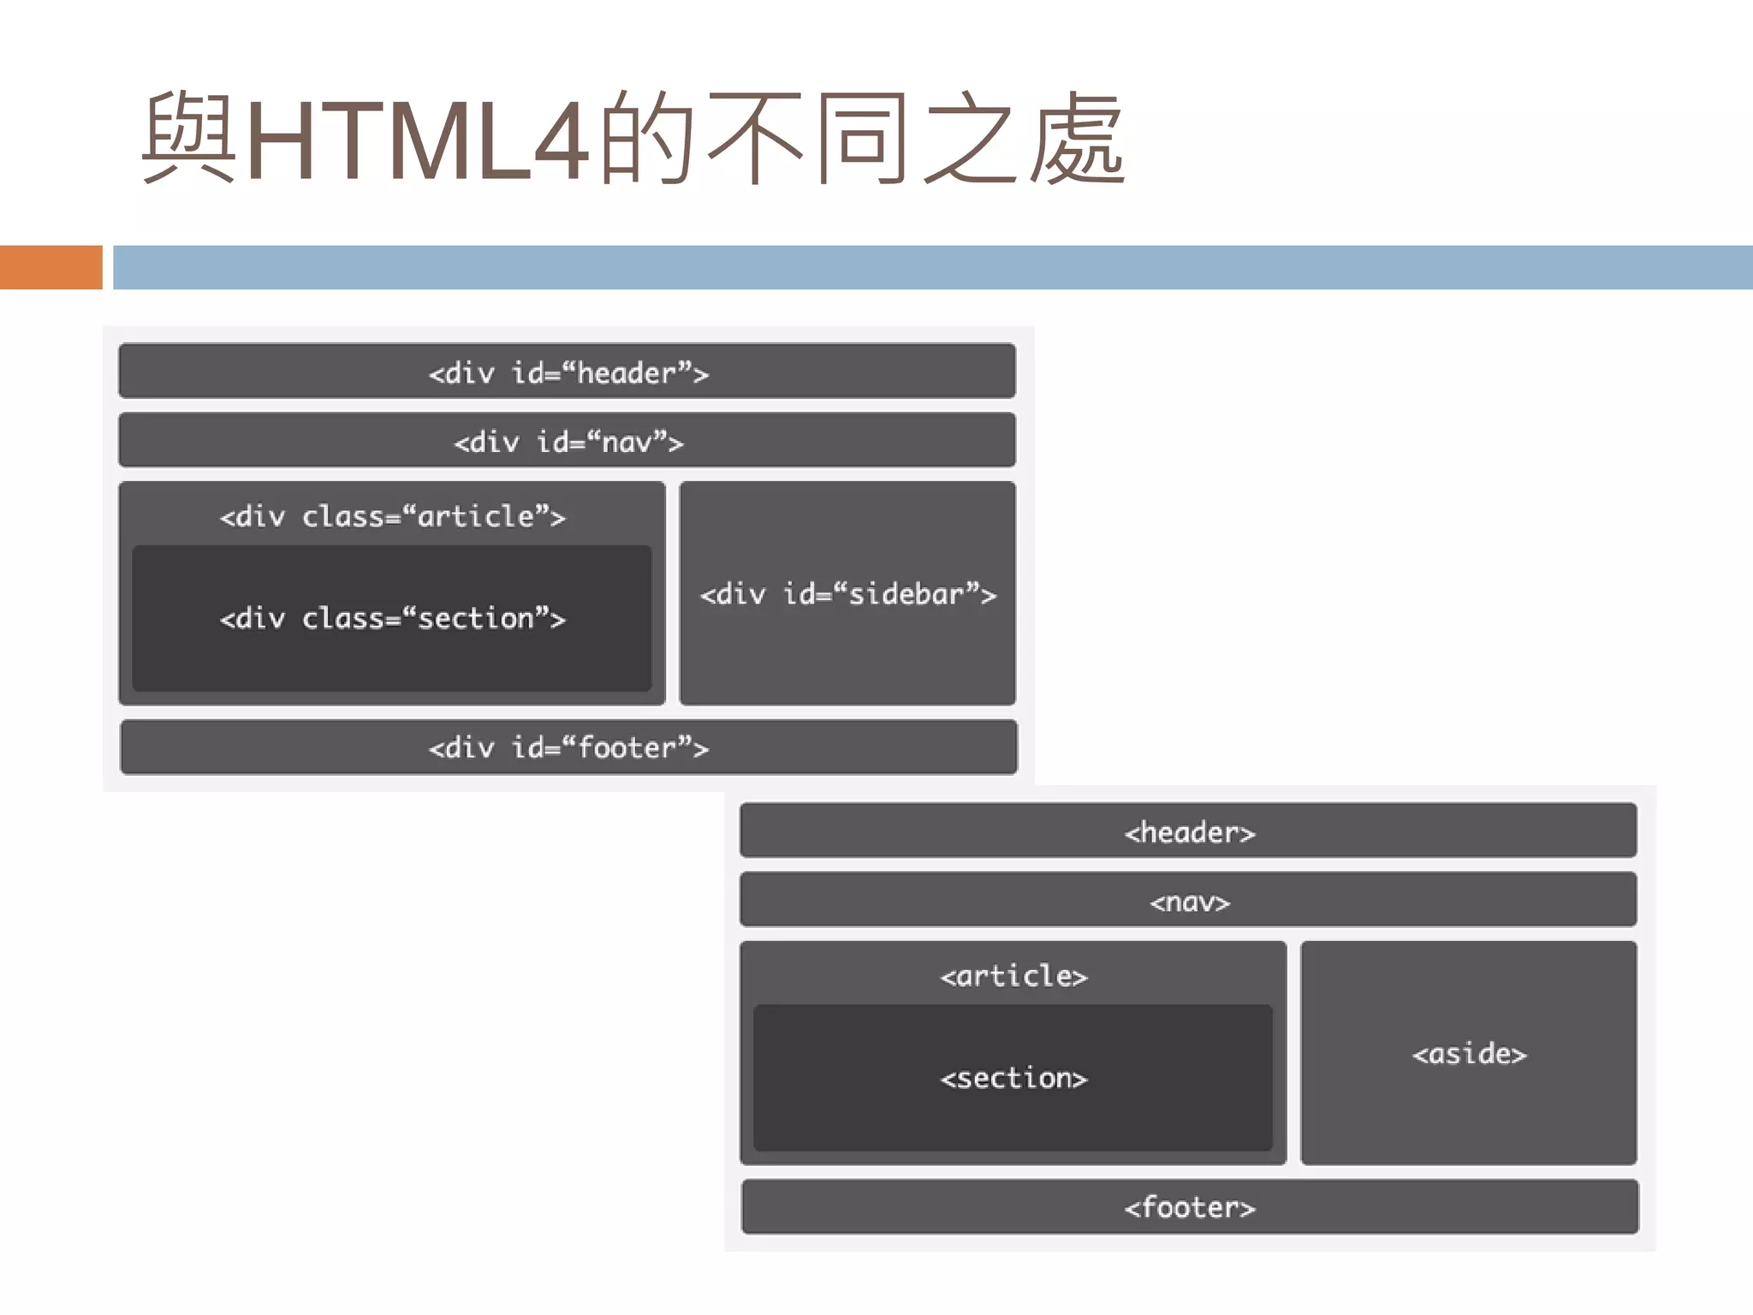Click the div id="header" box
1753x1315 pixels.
click(567, 372)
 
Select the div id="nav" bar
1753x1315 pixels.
click(567, 441)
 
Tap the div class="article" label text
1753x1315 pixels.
click(392, 516)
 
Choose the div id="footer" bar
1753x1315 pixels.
click(568, 747)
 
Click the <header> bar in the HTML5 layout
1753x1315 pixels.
click(1188, 830)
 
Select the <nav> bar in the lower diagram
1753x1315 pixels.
click(1188, 900)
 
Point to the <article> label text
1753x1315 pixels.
click(1013, 975)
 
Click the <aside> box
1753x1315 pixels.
click(1469, 1053)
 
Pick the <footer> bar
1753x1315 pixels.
click(1190, 1206)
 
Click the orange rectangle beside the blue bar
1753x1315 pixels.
click(51, 267)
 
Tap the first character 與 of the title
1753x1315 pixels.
click(189, 140)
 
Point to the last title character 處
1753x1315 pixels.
click(1077, 140)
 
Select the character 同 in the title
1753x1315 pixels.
click(861, 140)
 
